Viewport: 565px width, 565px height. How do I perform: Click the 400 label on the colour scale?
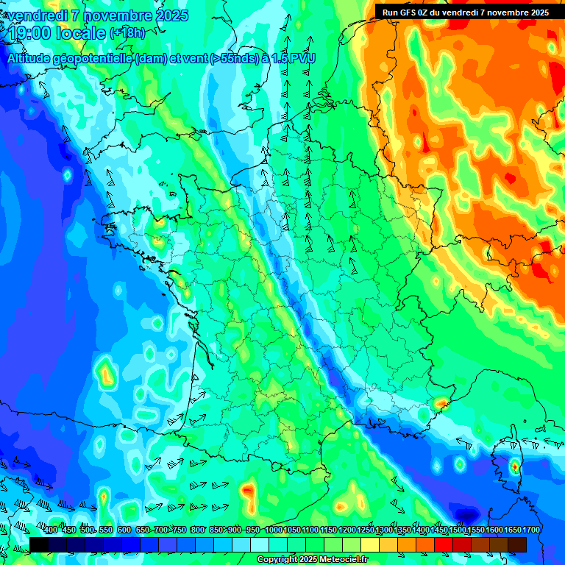pyautogui.click(x=51, y=530)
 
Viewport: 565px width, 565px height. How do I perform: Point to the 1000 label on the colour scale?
pyautogui.click(x=274, y=530)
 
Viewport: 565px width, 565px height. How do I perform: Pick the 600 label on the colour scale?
pyautogui.click(x=124, y=530)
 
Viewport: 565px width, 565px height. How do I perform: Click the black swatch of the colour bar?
pyautogui.click(x=39, y=544)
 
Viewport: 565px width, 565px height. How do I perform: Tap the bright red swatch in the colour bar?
pyautogui.click(x=444, y=544)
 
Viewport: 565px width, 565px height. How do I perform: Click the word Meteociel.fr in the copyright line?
pyautogui.click(x=339, y=560)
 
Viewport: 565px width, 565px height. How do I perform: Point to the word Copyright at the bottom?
pyautogui.click(x=278, y=560)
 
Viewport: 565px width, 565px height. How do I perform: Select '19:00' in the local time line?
pyautogui.click(x=27, y=33)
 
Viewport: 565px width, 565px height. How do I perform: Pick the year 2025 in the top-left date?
pyautogui.click(x=168, y=15)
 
